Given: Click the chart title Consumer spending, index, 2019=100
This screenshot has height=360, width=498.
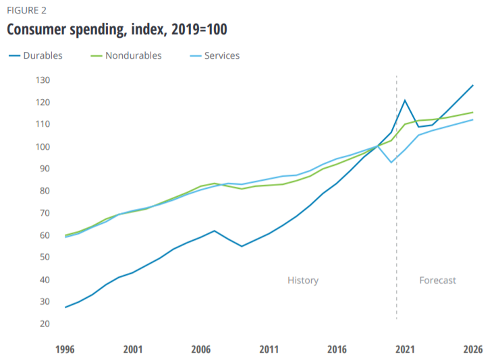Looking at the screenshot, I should point(117,30).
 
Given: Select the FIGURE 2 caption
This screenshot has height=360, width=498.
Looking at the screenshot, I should point(28,10).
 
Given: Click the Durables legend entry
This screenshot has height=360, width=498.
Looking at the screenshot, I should point(43,56).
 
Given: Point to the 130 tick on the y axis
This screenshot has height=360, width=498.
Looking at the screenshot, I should point(43,80).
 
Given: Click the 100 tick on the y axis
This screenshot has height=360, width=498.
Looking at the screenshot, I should point(43,147).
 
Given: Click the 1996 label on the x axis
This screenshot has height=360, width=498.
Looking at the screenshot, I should point(65,350).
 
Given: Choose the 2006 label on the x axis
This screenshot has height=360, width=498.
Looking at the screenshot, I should point(201,350).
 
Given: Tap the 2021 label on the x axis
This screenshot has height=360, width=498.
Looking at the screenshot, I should point(405,350).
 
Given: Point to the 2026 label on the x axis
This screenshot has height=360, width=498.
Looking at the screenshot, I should point(473,350).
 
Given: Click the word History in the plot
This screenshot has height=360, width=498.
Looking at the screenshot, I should point(303,280).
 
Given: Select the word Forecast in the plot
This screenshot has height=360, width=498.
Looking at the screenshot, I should point(438,280).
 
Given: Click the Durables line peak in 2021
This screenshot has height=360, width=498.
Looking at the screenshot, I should point(405,100).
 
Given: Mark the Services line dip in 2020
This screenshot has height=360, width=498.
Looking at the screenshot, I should point(391,162).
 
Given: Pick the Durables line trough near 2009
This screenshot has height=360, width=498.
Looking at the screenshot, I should point(242,246).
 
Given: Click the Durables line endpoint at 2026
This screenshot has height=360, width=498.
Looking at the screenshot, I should point(473,86).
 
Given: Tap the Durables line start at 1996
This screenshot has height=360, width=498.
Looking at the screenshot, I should point(65,307).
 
